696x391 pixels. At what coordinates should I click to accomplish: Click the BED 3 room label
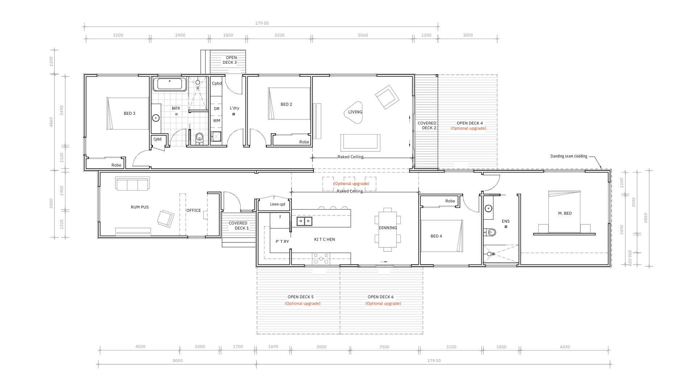click(129, 113)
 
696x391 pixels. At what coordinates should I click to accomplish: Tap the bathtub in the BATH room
click(170, 84)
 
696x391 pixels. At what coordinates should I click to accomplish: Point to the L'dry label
click(235, 108)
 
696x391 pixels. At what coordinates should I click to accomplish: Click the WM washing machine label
click(217, 121)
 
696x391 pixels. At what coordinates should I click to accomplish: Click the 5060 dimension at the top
click(363, 35)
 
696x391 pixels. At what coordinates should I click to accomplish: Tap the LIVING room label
click(355, 112)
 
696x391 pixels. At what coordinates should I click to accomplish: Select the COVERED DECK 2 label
click(427, 125)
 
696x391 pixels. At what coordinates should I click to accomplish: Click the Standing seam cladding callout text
click(569, 156)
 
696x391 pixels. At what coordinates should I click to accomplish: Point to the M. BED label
click(565, 213)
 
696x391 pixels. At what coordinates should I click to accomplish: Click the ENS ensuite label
click(506, 221)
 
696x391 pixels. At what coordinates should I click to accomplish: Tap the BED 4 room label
click(436, 236)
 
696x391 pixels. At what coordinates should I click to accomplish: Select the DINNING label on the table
click(388, 228)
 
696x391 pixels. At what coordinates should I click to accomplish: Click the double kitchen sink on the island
click(304, 221)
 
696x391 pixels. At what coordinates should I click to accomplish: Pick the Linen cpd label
click(278, 204)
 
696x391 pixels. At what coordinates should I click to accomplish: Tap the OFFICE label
click(194, 210)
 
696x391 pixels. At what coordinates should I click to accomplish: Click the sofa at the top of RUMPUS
click(132, 183)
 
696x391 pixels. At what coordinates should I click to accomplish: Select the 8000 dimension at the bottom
click(178, 361)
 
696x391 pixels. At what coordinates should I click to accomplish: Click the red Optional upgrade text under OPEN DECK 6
click(383, 303)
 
